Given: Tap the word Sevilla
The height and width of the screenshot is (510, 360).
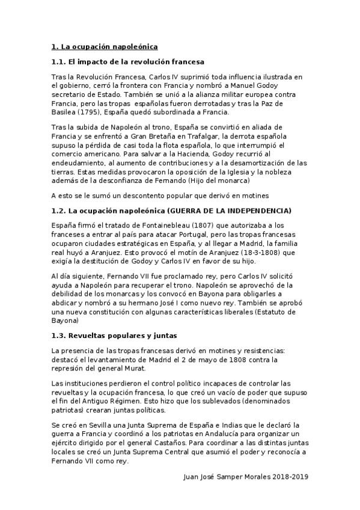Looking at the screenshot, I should point(102,425).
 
